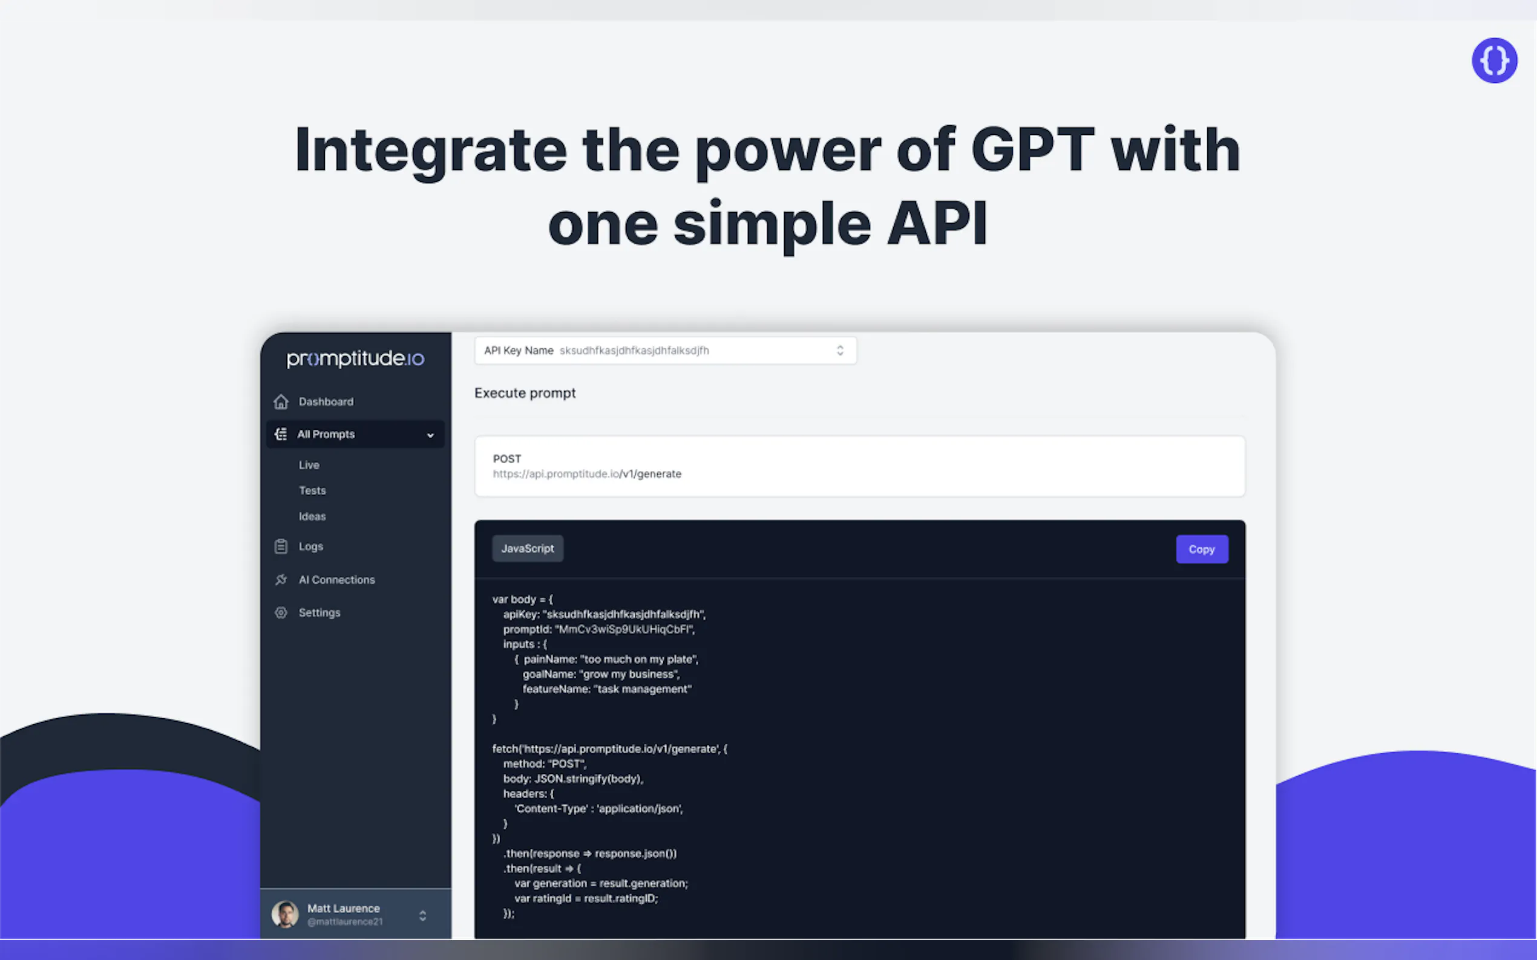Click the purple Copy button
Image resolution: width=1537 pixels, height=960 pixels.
coord(1201,549)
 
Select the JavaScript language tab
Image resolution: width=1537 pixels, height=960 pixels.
coord(528,548)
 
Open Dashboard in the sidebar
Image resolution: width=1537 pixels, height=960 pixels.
coord(326,402)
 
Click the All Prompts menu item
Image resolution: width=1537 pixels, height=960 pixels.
coord(326,434)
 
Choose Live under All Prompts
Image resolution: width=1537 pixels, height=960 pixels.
coord(309,465)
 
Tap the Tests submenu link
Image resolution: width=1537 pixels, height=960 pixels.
coord(312,491)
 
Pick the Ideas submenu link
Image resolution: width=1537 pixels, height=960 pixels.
coord(312,517)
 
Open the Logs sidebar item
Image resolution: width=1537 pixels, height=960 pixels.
coord(310,546)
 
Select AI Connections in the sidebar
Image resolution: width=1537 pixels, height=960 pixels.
coord(337,580)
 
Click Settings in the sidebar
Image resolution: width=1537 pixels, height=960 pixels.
coord(320,613)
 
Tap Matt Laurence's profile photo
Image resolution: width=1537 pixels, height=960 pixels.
coord(284,915)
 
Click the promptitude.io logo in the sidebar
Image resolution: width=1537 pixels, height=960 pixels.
coord(355,358)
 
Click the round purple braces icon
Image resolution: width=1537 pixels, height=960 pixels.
coord(1494,60)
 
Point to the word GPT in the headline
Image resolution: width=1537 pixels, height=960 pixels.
coord(1032,150)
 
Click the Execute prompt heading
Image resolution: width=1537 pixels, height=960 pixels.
coord(525,393)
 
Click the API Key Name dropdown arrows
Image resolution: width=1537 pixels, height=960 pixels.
coord(840,351)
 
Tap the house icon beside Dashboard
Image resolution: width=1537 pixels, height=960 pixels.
coord(281,402)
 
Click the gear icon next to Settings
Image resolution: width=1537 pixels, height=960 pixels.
coord(281,613)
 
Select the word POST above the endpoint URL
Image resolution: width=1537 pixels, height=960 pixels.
coord(507,458)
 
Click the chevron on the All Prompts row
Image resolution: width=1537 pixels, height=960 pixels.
coord(430,435)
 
